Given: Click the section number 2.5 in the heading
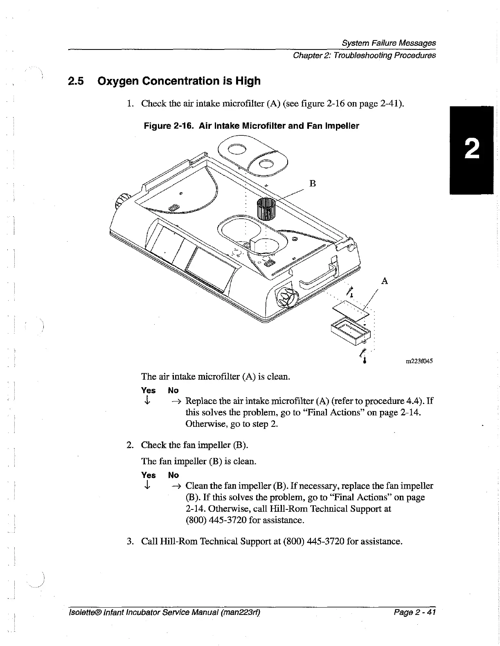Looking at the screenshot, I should [76, 81].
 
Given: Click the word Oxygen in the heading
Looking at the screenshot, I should [118, 81].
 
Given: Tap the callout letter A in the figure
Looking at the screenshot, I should [384, 281].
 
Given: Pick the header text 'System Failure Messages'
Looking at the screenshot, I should [388, 43].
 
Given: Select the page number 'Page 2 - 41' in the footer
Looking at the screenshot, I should [414, 612].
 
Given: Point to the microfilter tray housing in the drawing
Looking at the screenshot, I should [350, 330].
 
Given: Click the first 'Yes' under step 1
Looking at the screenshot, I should [148, 390].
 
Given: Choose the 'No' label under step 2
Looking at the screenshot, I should [173, 475].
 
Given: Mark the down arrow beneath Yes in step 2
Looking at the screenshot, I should [146, 485].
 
